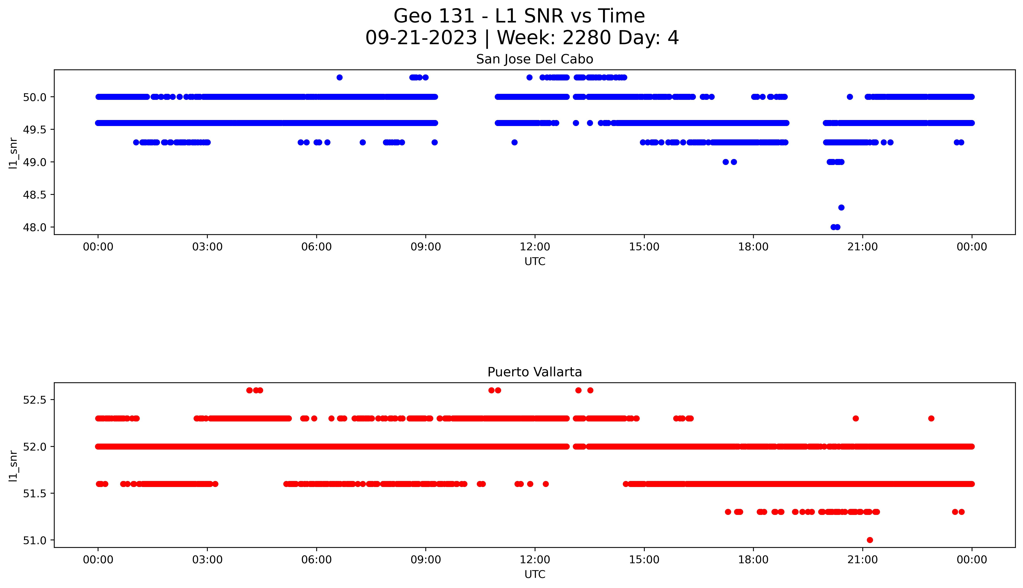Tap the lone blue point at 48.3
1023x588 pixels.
(841, 208)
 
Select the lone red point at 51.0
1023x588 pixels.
(870, 540)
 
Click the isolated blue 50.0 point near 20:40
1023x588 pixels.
(850, 97)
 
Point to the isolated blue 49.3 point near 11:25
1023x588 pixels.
(515, 142)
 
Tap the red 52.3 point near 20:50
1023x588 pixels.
(856, 418)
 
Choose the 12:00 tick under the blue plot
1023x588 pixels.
(535, 247)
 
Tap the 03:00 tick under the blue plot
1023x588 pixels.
(207, 247)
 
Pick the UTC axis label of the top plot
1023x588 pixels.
(535, 262)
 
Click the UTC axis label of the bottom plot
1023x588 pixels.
(535, 574)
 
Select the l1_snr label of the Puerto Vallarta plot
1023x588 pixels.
(13, 465)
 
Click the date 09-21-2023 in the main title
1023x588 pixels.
(421, 38)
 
